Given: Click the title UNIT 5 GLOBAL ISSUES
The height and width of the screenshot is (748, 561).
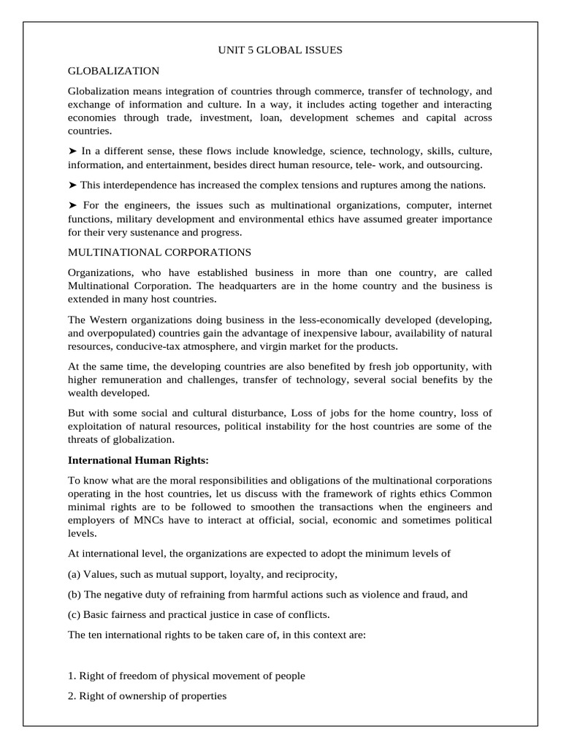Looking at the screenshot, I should tap(280, 50).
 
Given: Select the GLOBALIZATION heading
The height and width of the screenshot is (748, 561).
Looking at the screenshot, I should tap(113, 71).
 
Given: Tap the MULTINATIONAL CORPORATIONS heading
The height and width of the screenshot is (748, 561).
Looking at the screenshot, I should tap(159, 252).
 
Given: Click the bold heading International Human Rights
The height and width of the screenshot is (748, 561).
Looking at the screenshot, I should tap(138, 460).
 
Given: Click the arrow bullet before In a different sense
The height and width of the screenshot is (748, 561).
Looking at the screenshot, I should tap(73, 151).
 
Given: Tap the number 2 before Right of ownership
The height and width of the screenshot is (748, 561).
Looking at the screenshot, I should tap(71, 696).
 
